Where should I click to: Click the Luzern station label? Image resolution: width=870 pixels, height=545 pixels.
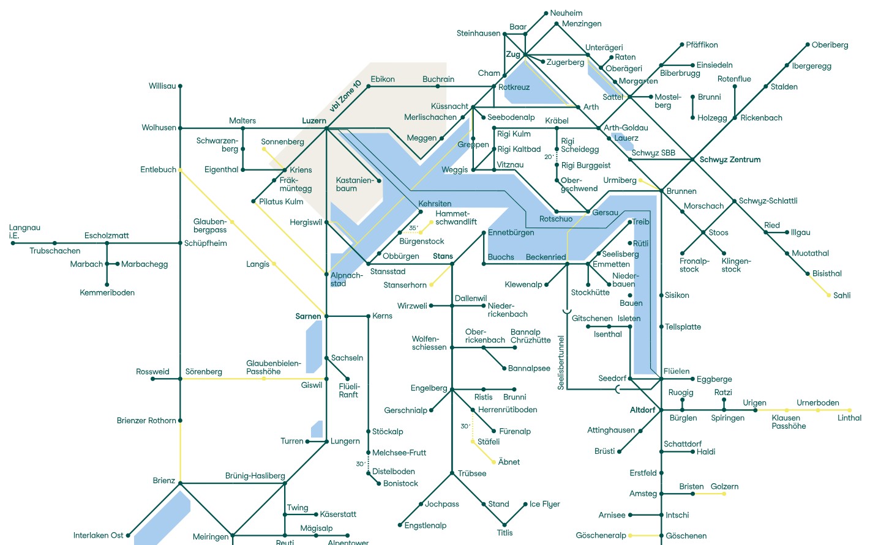pos(314,121)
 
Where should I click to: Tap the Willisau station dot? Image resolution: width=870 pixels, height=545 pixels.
pos(180,86)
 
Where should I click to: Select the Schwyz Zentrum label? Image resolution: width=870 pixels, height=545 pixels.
pos(730,160)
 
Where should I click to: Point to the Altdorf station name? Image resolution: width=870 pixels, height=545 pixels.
pos(642,410)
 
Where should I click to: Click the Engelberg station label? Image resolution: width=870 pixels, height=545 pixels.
pos(429,388)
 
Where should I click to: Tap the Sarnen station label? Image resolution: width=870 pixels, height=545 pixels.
pos(308,316)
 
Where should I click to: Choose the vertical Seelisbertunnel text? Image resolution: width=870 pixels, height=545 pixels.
pos(561,362)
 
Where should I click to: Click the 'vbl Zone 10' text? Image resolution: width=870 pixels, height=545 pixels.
pos(346,96)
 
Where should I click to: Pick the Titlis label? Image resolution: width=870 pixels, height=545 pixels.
pos(504,533)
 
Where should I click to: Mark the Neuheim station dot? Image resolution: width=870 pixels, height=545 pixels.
pos(546,13)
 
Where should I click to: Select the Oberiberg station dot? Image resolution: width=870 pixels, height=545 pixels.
pos(807,45)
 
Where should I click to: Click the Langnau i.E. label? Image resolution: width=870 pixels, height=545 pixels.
pos(24,231)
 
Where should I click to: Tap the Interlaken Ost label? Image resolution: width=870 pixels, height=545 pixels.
pos(98,535)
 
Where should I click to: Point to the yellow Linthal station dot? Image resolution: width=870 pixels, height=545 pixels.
pos(850,410)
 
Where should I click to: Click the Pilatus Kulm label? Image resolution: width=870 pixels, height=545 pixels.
pos(281,202)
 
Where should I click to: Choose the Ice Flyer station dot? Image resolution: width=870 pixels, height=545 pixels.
pos(525,504)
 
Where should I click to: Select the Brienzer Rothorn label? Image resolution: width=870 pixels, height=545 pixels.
pos(146,421)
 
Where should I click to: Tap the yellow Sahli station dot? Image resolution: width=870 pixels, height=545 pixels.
pos(829,295)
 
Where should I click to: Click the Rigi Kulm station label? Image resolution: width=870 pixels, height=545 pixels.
pos(514,134)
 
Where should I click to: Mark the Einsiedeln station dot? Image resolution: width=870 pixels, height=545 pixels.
pos(692,65)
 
